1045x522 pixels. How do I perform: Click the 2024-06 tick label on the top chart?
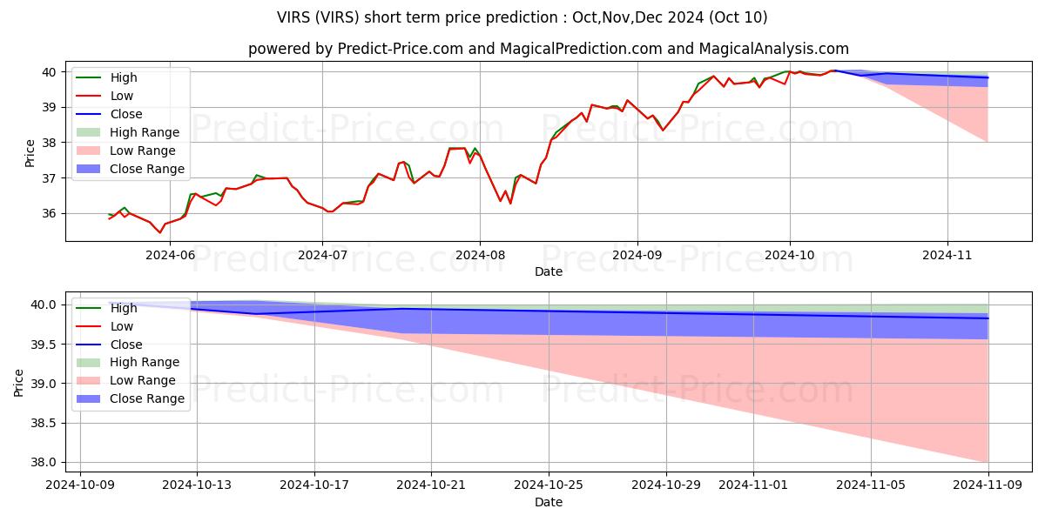coord(170,255)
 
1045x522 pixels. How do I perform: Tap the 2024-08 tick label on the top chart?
coord(480,255)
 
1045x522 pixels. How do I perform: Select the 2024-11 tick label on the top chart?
coord(948,255)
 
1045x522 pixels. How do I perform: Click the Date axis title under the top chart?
coord(549,271)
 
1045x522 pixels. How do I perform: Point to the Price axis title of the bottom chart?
coord(18,383)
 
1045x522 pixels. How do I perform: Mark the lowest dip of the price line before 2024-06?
coord(160,232)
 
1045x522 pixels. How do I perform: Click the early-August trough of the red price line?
coord(510,203)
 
